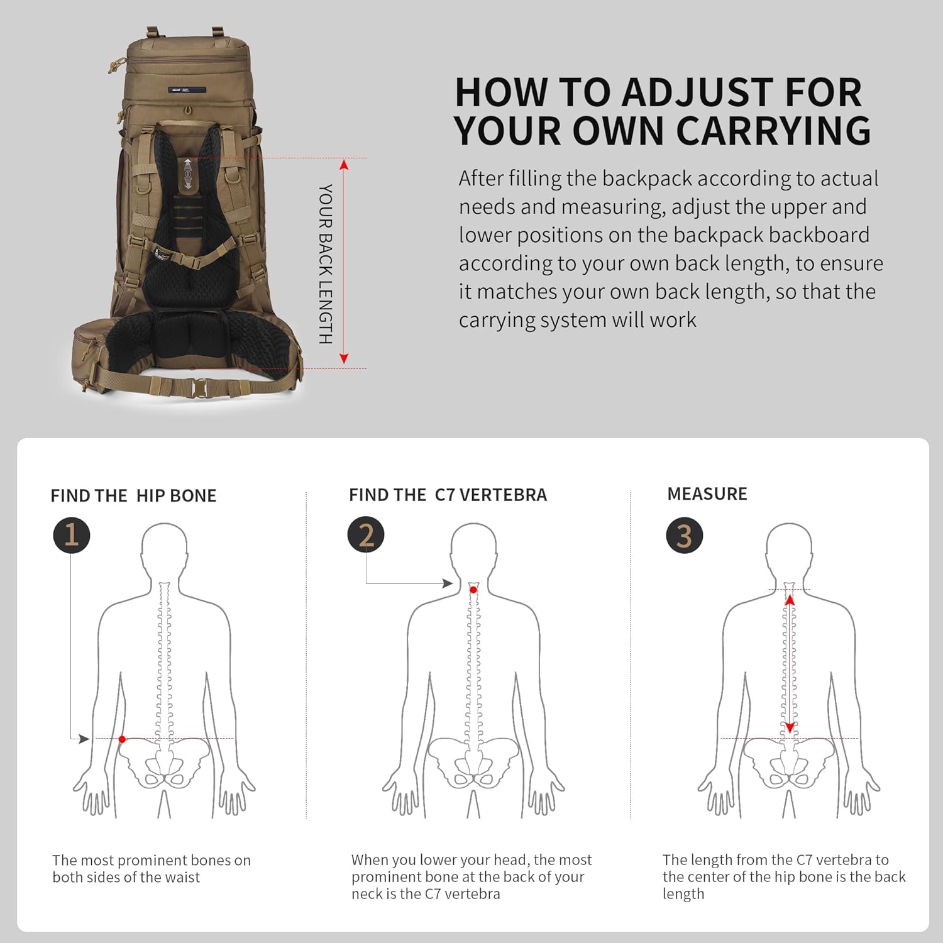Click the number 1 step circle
(x=71, y=535)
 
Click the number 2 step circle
(x=366, y=535)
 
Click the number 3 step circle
(x=684, y=536)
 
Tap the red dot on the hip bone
(x=122, y=739)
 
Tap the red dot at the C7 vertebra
(x=473, y=590)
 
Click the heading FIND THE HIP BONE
(x=133, y=496)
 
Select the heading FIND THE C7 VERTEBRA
(x=448, y=495)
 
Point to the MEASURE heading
(x=707, y=494)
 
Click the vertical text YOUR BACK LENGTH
(x=325, y=264)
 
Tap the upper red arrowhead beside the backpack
(x=344, y=165)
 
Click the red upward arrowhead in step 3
(x=790, y=600)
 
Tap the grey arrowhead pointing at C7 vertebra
(x=448, y=583)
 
